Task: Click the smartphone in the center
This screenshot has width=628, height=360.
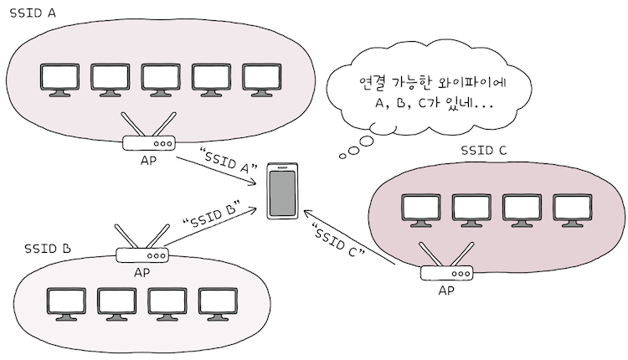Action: (282, 192)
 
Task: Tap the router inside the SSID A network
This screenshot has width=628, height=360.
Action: (148, 141)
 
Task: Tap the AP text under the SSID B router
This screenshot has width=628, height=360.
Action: (142, 272)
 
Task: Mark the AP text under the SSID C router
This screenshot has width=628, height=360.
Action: (447, 291)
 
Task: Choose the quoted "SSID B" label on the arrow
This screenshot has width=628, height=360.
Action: (211, 213)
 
